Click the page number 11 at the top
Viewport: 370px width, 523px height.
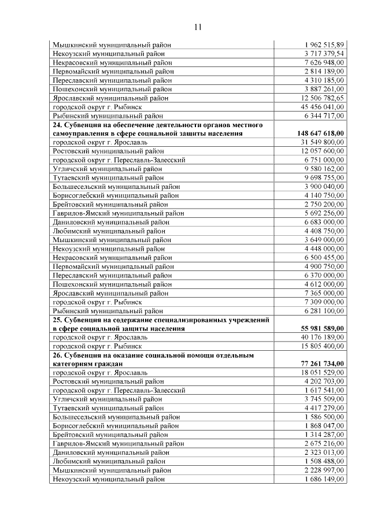[198, 27]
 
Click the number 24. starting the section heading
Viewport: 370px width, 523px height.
[58, 125]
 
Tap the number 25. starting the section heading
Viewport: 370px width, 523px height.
[58, 320]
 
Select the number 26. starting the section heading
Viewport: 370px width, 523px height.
[58, 355]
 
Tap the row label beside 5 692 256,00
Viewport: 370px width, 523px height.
[118, 213]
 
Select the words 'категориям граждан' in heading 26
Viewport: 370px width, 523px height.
[87, 363]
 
